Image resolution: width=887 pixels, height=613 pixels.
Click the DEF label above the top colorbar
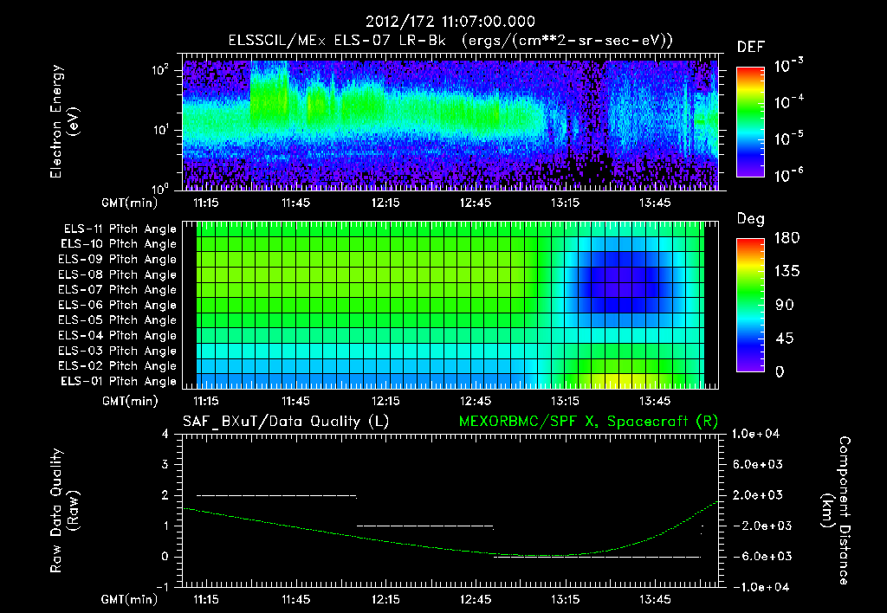[750, 47]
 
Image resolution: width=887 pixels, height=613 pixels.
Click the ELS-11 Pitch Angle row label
[118, 229]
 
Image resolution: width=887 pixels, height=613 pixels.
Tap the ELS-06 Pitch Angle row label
[118, 306]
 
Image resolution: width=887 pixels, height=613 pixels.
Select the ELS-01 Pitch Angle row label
[118, 382]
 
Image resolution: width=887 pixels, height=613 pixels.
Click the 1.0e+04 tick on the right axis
[759, 434]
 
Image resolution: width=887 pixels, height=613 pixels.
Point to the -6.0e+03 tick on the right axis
[759, 556]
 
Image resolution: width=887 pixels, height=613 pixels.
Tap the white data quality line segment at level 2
[276, 495]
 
